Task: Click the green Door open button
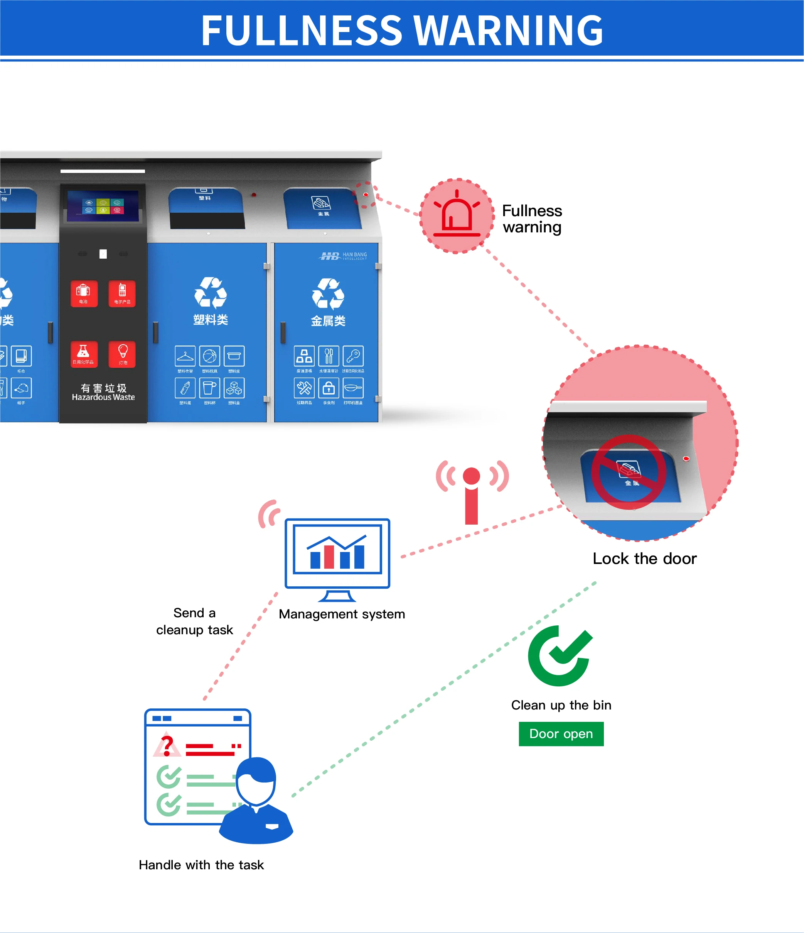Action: point(561,733)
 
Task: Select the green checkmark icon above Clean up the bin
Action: point(560,655)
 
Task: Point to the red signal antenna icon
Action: point(472,493)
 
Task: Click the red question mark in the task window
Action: point(167,745)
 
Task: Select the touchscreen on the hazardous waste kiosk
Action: point(103,206)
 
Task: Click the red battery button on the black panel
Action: point(84,293)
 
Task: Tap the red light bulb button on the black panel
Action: point(122,354)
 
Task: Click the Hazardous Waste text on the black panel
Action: point(103,397)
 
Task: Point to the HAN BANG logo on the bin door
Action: point(343,256)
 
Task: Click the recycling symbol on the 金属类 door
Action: point(328,294)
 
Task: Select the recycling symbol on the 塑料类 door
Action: point(211,293)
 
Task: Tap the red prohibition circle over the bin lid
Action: point(629,472)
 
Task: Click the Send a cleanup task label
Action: point(194,621)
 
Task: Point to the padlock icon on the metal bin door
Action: point(329,387)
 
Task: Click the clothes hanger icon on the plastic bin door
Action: point(185,356)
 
